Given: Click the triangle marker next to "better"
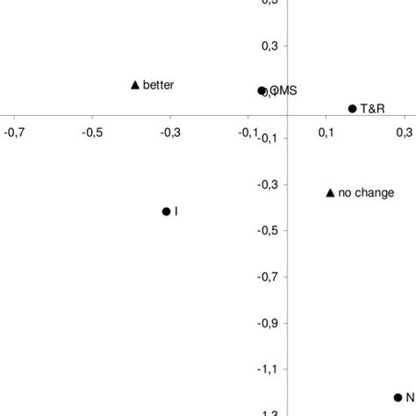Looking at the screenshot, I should coord(135,84).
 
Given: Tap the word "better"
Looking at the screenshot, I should coord(159,85).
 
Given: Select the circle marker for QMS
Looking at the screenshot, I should coord(262,90).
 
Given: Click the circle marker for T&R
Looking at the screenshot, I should coord(352,109).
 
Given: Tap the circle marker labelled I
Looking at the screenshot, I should coord(166,212).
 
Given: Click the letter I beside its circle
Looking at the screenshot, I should coord(177,212).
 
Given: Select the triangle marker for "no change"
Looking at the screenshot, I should coord(330,192).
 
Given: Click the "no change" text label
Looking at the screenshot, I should coord(366,193).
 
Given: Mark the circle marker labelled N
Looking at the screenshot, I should coord(398,398).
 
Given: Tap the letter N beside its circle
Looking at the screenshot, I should coord(410,398).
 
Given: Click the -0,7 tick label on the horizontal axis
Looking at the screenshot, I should coord(14,133).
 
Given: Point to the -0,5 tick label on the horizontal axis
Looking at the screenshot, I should coord(92,133).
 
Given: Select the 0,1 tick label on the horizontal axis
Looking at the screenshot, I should coord(326,133).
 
